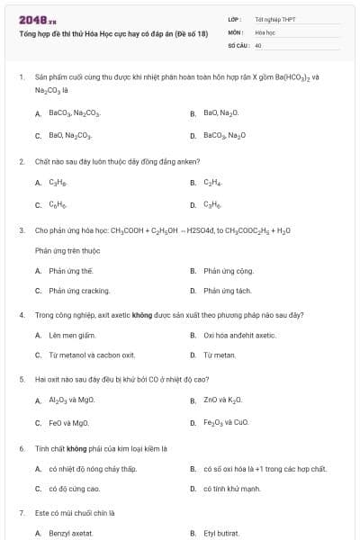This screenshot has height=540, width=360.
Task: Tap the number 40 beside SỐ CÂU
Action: (258, 44)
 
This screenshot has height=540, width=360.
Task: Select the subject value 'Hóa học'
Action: (265, 31)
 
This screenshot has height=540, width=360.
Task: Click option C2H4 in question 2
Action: (212, 182)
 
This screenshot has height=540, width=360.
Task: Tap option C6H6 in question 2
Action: (58, 204)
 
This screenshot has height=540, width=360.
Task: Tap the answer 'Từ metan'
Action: (220, 355)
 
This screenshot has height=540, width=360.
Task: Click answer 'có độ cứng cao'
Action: (75, 489)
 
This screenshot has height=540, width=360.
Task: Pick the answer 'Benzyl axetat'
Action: (72, 533)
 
